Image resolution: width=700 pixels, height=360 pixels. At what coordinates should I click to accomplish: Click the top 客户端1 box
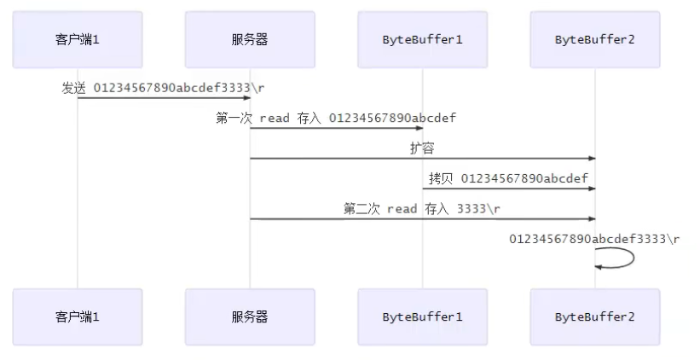click(x=78, y=40)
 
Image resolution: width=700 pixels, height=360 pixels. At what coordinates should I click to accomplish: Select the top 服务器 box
click(x=250, y=40)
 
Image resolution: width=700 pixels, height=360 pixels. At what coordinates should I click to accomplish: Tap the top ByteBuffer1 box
click(x=422, y=40)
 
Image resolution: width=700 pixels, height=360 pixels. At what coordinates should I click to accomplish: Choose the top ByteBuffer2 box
click(x=594, y=40)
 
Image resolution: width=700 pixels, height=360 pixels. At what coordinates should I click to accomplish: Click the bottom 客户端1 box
click(x=78, y=316)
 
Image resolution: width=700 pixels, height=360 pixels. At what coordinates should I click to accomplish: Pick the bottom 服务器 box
click(x=250, y=316)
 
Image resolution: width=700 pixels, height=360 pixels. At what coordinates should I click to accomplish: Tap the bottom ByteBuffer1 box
click(x=422, y=316)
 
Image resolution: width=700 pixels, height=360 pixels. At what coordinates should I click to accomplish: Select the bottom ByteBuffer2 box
click(x=594, y=316)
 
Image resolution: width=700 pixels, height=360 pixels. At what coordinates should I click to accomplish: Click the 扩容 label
click(x=421, y=148)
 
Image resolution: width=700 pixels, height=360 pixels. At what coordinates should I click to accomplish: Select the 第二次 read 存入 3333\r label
click(x=421, y=209)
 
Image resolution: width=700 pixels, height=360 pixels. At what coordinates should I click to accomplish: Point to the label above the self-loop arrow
click(x=594, y=239)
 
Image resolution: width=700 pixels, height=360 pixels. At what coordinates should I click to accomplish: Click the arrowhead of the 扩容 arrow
click(x=590, y=159)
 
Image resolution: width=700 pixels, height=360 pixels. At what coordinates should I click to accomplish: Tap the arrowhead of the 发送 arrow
click(x=246, y=98)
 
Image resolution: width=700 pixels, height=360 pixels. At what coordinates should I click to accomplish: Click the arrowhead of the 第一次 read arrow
click(x=418, y=128)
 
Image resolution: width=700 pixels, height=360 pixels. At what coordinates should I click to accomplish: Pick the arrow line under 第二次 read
click(x=421, y=219)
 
